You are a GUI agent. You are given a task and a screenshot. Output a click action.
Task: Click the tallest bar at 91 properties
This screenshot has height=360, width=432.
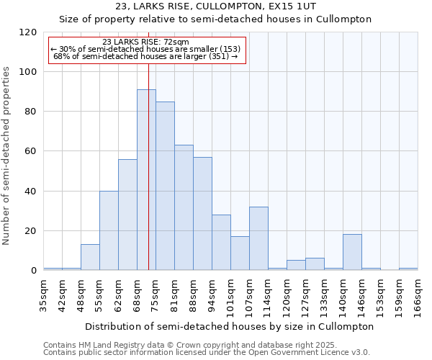(x=146, y=180)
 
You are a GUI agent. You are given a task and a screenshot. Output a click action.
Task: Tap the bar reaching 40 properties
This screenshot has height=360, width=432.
(x=109, y=230)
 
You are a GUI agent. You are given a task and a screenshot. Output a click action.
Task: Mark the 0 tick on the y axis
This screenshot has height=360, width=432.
(x=34, y=271)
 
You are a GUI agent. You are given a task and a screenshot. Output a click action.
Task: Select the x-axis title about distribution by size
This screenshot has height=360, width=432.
(x=230, y=326)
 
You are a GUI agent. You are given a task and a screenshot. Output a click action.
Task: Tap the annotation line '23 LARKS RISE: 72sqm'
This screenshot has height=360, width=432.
(x=146, y=42)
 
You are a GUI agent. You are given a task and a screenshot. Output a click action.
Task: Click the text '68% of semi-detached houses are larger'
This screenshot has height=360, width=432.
(x=145, y=56)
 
